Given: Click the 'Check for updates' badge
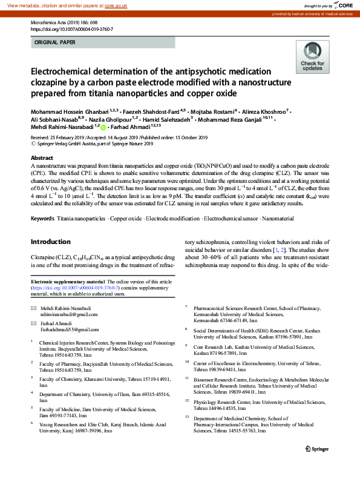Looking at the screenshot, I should [x=312, y=56].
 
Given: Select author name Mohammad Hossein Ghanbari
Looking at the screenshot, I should [x=69, y=113].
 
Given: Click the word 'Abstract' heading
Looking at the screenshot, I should [x=42, y=157].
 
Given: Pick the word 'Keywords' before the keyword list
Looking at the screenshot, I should [x=42, y=217].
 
